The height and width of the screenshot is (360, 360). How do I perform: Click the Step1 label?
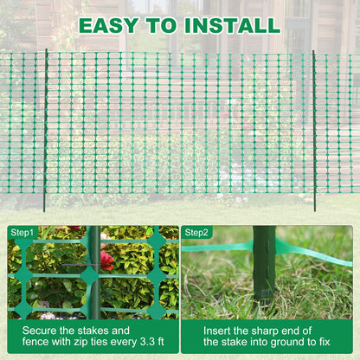[23, 233]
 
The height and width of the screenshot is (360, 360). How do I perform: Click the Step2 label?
[197, 233]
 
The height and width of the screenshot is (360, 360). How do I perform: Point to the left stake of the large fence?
[45, 130]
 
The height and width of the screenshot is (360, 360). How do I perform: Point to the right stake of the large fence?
[314, 130]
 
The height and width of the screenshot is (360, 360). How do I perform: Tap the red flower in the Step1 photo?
[106, 259]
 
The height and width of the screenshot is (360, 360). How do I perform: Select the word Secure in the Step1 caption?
[42, 331]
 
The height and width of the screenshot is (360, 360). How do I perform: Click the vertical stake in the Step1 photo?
[93, 273]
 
